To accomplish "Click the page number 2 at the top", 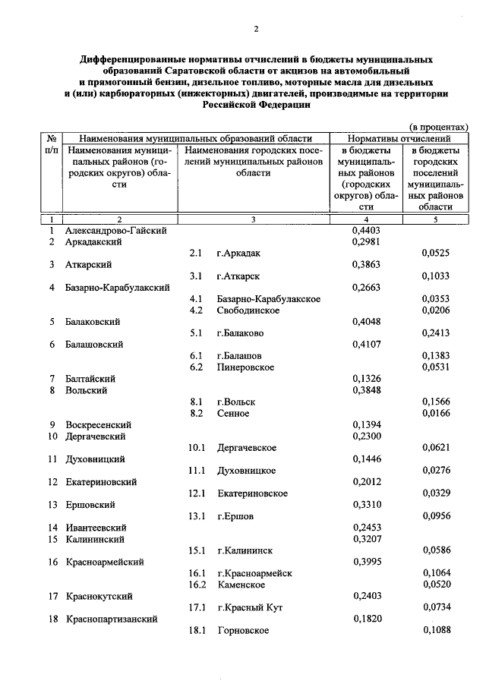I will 256,29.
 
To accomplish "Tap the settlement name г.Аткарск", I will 238,276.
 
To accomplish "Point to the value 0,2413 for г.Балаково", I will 436,332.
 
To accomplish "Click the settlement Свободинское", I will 248,310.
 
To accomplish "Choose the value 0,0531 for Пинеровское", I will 436,367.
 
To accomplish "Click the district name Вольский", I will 86,389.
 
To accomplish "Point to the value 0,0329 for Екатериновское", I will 436,493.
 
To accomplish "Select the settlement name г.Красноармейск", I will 254,573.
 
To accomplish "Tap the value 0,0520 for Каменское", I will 436,585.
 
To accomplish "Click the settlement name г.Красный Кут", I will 250,607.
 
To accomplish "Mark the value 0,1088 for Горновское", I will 436,630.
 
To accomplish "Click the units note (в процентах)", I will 438,126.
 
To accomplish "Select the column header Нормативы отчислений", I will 399,139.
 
